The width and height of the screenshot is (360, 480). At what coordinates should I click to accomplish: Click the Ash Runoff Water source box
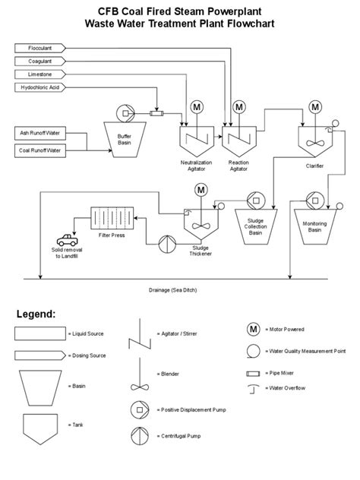tap(39, 133)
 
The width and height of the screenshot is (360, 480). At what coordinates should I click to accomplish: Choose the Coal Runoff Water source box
tap(39, 150)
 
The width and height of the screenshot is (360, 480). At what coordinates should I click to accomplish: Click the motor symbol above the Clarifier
tap(314, 106)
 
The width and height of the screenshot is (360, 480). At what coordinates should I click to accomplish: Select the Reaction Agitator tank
tap(238, 139)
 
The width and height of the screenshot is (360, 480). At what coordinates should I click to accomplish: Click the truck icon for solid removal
tap(60, 241)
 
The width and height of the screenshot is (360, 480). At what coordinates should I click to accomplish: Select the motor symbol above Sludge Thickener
tap(201, 189)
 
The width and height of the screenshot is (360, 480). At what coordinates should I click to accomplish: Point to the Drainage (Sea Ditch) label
tap(179, 289)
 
